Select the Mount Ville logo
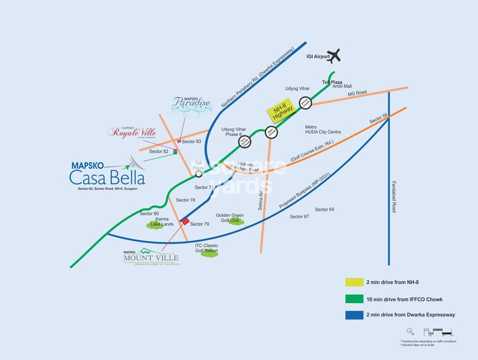click(x=151, y=256)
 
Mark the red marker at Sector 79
click(x=186, y=221)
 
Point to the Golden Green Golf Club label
click(x=230, y=218)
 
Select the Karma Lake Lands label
click(x=160, y=221)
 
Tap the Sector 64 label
click(x=324, y=209)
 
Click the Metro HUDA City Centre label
click(x=323, y=130)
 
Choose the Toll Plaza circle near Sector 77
click(x=199, y=173)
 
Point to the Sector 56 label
click(x=379, y=118)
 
